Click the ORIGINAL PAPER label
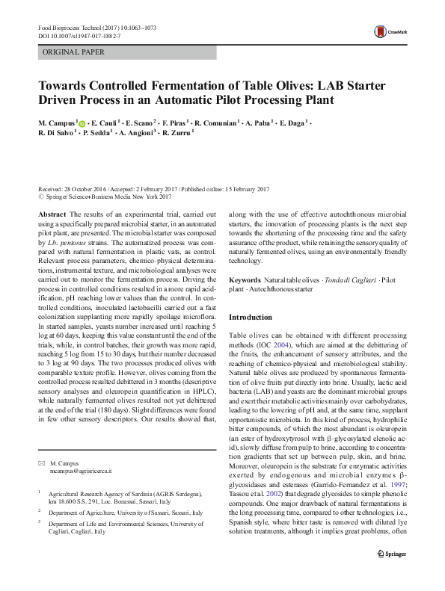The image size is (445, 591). point(73,53)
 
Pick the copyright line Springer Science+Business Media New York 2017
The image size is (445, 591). point(110,198)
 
